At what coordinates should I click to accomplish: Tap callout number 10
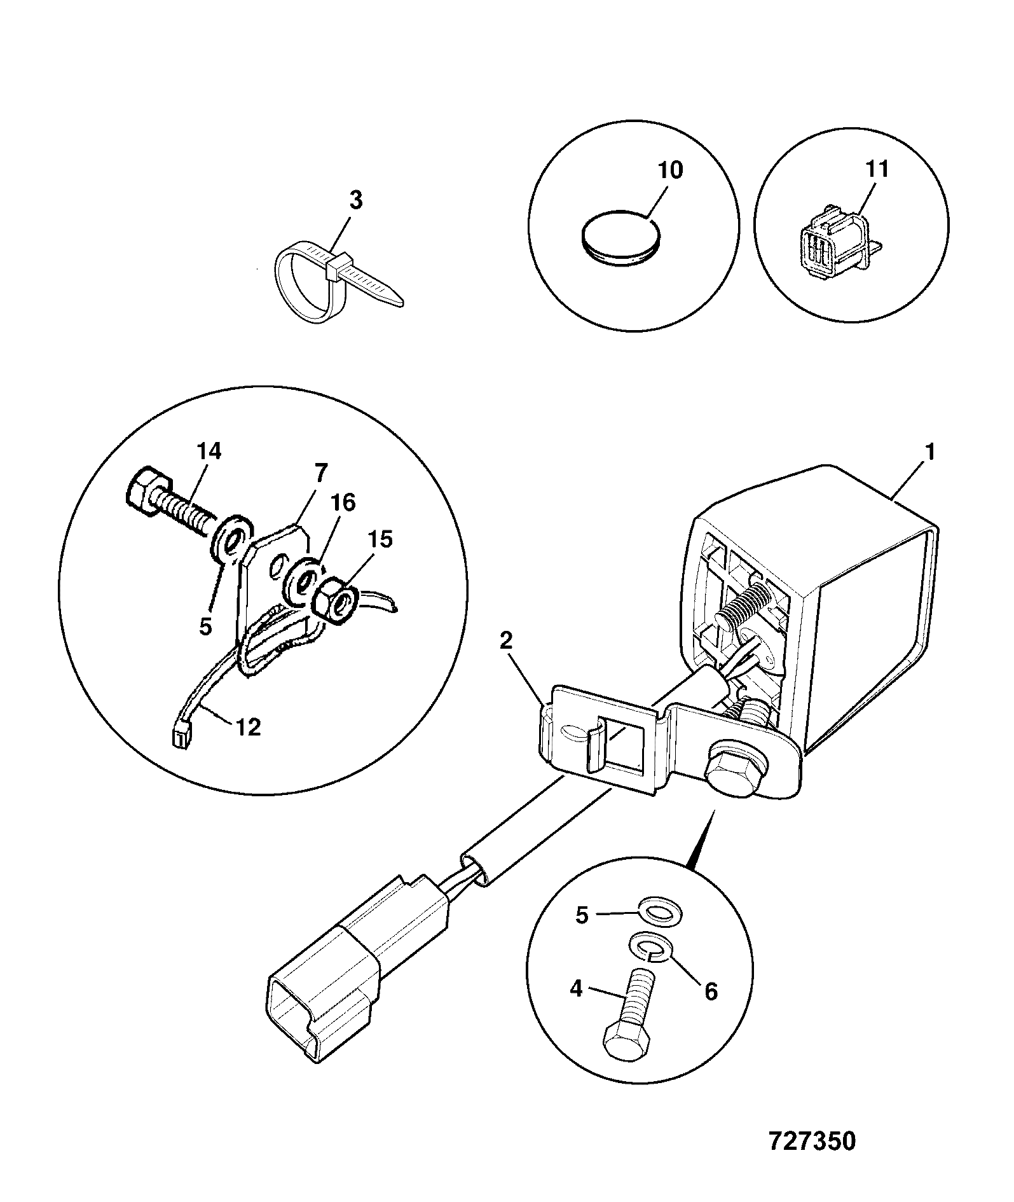[x=670, y=170]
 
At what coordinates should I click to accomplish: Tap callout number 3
[x=356, y=200]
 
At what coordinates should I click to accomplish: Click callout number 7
[x=320, y=473]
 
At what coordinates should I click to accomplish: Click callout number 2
[x=505, y=641]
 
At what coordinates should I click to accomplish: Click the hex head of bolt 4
[x=625, y=1043]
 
